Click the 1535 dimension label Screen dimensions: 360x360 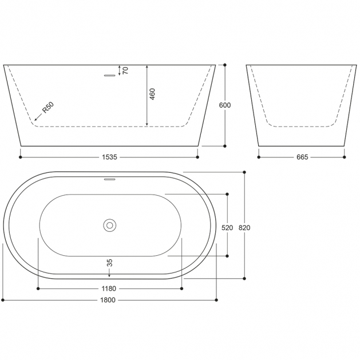(x=109, y=157)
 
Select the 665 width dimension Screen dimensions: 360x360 (x=302, y=157)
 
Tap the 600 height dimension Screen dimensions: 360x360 (x=225, y=105)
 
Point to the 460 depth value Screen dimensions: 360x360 (x=152, y=94)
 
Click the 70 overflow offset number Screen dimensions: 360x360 (x=125, y=70)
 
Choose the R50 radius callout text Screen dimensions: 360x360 (x=48, y=108)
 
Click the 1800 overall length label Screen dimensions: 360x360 (x=108, y=300)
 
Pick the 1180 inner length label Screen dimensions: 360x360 (x=109, y=288)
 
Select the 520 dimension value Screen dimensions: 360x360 (x=227, y=228)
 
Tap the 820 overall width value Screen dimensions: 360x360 (x=244, y=228)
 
